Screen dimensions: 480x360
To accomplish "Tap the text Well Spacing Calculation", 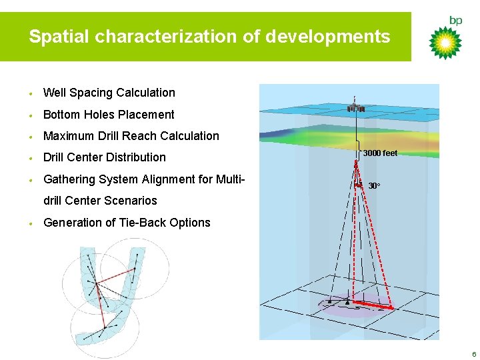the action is (109, 93).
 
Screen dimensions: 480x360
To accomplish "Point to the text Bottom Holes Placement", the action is (109, 115).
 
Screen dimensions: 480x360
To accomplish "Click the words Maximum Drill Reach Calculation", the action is (131, 136).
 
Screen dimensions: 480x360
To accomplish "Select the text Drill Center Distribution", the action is (104, 157).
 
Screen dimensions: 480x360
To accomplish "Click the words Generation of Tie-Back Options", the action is (127, 223).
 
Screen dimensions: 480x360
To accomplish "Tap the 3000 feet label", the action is (380, 153).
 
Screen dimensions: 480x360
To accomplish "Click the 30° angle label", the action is (375, 185).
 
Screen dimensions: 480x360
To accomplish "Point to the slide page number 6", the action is (473, 353).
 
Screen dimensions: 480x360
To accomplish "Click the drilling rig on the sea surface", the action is (355, 108).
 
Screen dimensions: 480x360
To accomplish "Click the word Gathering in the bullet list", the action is (69, 179).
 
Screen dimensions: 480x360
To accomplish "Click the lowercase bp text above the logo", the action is (455, 21).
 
